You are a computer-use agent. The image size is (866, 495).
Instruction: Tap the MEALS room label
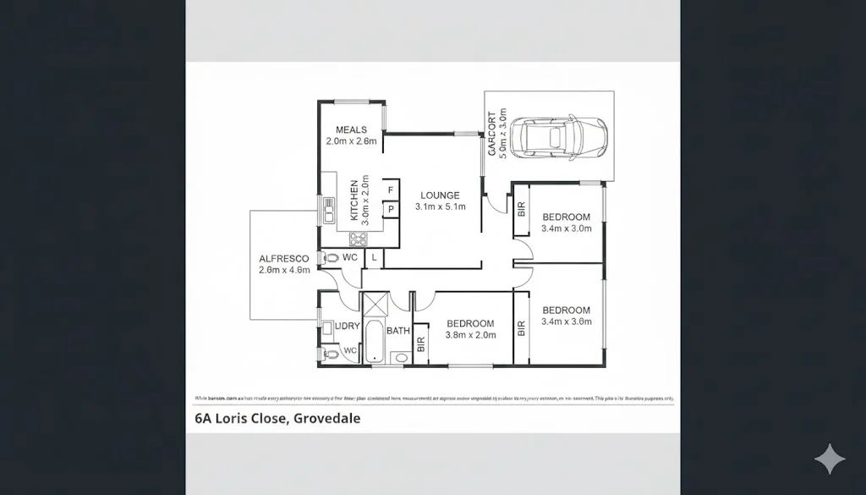351,129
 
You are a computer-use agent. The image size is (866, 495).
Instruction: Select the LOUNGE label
440,195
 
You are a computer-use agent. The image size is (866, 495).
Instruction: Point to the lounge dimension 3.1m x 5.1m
441,207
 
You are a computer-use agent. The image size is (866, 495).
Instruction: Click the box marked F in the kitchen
391,190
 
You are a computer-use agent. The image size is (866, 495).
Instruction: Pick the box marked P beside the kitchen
391,208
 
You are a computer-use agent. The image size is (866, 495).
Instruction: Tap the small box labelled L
373,256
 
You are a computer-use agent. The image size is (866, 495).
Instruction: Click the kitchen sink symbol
329,210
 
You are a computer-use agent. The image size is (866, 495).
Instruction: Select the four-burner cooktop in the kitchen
359,238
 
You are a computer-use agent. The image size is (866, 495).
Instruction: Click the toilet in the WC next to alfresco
332,257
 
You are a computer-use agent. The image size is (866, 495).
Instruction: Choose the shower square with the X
375,303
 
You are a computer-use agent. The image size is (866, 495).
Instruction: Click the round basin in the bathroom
401,358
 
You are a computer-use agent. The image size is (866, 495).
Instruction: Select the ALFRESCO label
283,258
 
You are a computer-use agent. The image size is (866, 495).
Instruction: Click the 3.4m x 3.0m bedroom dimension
567,228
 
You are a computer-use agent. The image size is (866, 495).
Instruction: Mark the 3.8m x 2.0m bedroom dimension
470,335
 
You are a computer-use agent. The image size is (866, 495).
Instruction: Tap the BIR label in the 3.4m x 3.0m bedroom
521,209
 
